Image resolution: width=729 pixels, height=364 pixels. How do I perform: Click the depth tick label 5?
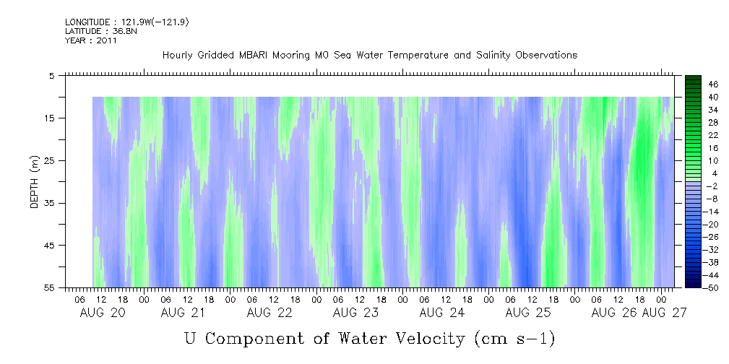tap(52, 75)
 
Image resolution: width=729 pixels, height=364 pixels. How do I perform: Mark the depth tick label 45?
tap(50, 246)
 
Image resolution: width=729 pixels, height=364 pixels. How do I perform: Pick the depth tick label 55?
tap(50, 287)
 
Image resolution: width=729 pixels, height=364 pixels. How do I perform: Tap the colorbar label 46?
tap(713, 84)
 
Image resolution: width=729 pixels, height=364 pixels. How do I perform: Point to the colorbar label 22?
tap(713, 135)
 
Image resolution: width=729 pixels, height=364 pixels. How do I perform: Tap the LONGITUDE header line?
tap(127, 22)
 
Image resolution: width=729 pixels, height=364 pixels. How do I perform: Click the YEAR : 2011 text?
tap(91, 40)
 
